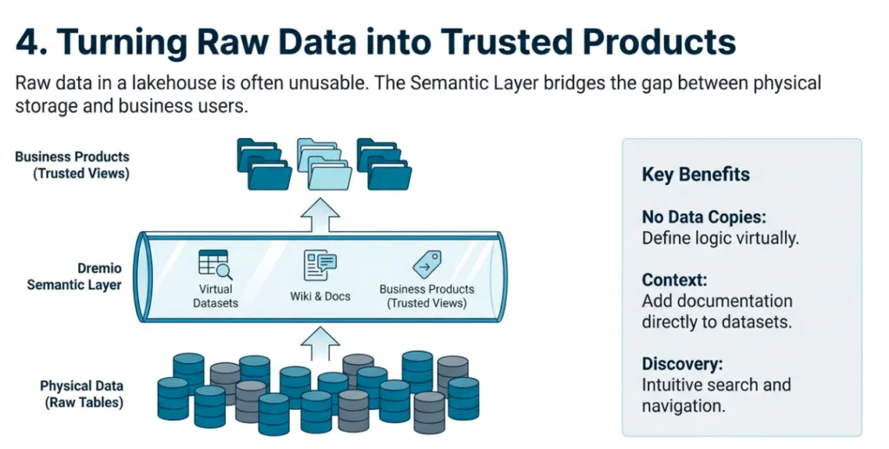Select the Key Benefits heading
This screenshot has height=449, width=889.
[695, 174]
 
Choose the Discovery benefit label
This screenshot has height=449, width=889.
[682, 364]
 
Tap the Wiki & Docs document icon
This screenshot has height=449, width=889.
[319, 266]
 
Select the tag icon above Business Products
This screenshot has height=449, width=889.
[426, 264]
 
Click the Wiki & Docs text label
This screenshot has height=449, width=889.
[319, 296]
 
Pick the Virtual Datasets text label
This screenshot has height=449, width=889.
[213, 296]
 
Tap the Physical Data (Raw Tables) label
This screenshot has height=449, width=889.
[82, 393]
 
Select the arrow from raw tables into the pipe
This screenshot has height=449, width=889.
[319, 343]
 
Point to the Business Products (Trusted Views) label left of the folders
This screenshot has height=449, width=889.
[72, 164]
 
